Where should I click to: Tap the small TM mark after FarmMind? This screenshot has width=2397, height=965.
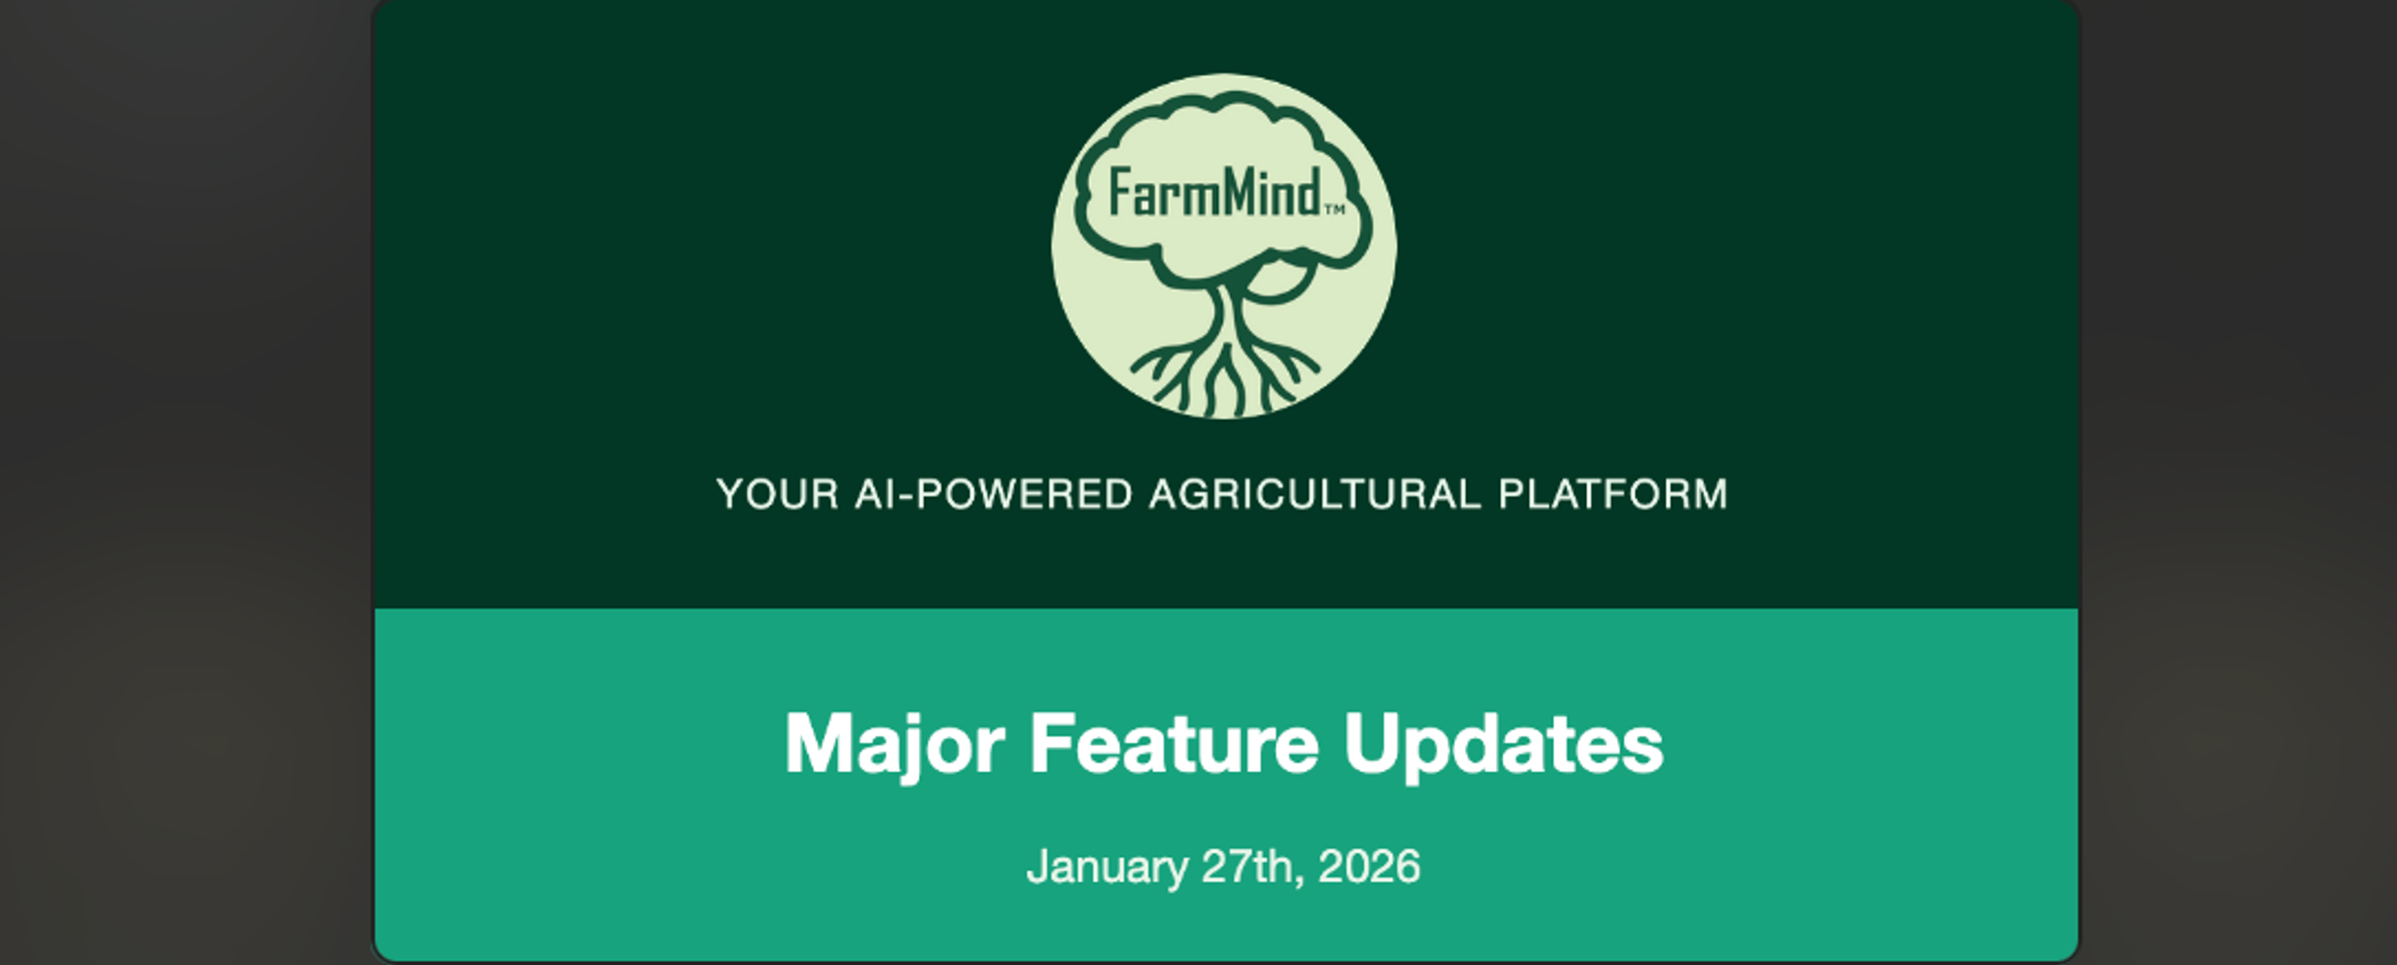click(1334, 210)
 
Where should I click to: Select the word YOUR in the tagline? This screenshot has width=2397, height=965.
click(778, 494)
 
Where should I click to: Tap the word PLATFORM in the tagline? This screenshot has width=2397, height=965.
click(1613, 494)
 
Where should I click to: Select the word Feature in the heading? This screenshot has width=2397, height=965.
click(1175, 743)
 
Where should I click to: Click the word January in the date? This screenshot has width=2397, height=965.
click(1107, 867)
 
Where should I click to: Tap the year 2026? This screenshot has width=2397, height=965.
click(1369, 866)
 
